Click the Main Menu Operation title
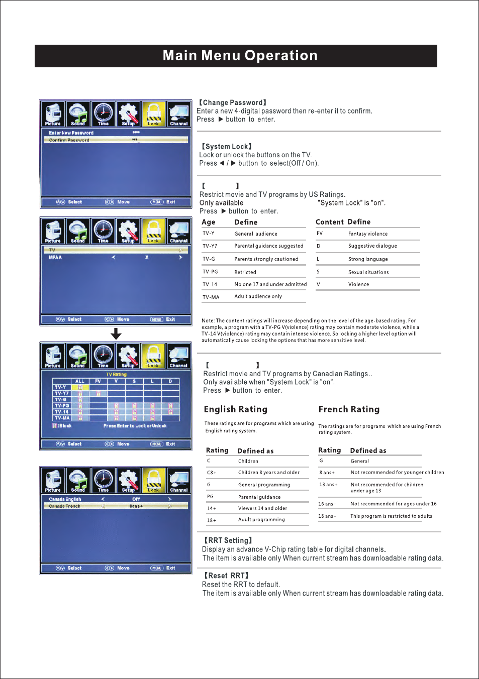click(240, 56)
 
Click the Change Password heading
click(233, 102)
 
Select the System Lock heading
click(227, 147)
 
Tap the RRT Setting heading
click(228, 540)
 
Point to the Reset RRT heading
click(226, 576)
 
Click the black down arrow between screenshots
click(116, 334)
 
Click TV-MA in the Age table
click(211, 297)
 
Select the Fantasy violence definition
click(368, 234)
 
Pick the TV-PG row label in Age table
click(210, 272)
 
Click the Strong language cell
click(368, 259)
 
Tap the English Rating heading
click(236, 409)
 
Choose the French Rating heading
click(349, 409)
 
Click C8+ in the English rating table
click(212, 473)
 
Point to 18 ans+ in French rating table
click(327, 516)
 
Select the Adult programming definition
click(261, 520)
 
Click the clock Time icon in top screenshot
click(103, 114)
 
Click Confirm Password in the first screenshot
click(69, 140)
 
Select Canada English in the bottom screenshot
click(65, 499)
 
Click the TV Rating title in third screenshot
click(116, 374)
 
